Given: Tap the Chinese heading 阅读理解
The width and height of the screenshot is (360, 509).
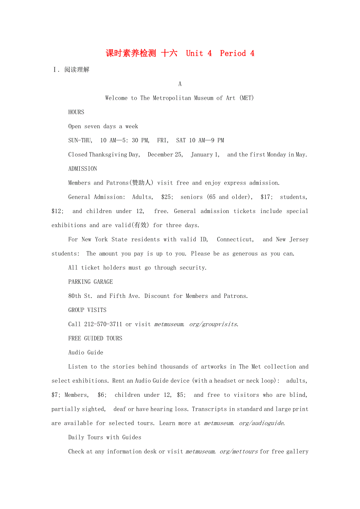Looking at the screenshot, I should [77, 70].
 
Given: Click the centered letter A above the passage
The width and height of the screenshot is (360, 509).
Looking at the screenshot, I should [180, 84].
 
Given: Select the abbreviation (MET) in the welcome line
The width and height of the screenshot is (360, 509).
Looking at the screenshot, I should [246, 98].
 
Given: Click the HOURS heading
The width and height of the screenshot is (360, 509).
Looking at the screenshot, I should [76, 112].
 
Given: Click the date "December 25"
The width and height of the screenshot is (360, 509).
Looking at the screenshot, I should [165, 154].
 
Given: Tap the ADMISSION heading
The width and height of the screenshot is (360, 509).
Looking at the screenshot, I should [83, 169].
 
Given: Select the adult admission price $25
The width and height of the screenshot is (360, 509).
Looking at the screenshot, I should [166, 197].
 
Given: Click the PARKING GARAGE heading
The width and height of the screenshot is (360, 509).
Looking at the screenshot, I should [90, 282].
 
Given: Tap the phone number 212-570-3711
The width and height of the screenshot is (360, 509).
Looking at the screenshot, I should [103, 324].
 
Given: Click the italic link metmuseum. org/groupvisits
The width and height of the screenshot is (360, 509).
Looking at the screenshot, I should [196, 324].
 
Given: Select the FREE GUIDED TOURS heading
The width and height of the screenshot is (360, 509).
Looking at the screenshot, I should [95, 339].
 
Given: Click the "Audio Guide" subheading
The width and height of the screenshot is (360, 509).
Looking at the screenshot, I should [86, 353].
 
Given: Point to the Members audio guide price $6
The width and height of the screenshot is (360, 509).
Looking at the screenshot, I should [102, 395].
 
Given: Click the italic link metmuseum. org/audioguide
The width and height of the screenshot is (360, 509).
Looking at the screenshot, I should [244, 423].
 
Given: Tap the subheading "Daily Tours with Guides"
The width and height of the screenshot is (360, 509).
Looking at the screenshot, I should [104, 437].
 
